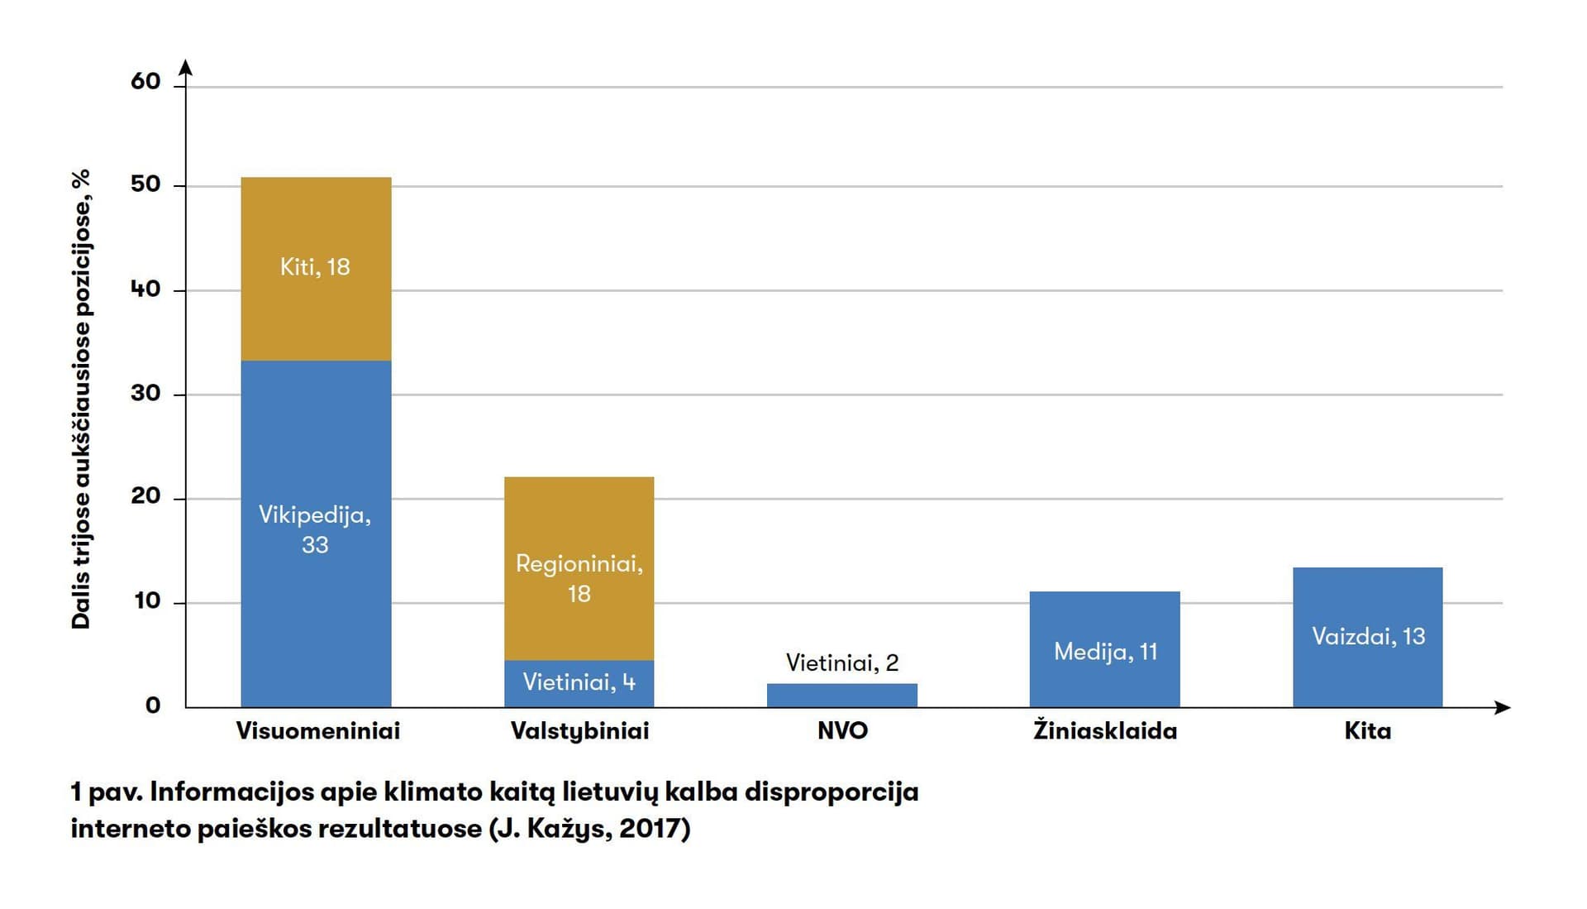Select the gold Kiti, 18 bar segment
point(316,269)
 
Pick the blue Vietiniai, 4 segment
point(579,683)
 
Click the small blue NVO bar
point(841,696)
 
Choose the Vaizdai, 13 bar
point(1367,637)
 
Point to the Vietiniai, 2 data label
point(841,663)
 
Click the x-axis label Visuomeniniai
point(317,731)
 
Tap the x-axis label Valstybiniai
point(579,731)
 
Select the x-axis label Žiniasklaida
point(1104,731)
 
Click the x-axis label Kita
point(1367,731)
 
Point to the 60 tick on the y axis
point(145,81)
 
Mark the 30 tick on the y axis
point(145,393)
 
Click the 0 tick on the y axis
point(153,706)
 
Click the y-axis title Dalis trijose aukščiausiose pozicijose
point(81,399)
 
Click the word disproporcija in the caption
point(832,792)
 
